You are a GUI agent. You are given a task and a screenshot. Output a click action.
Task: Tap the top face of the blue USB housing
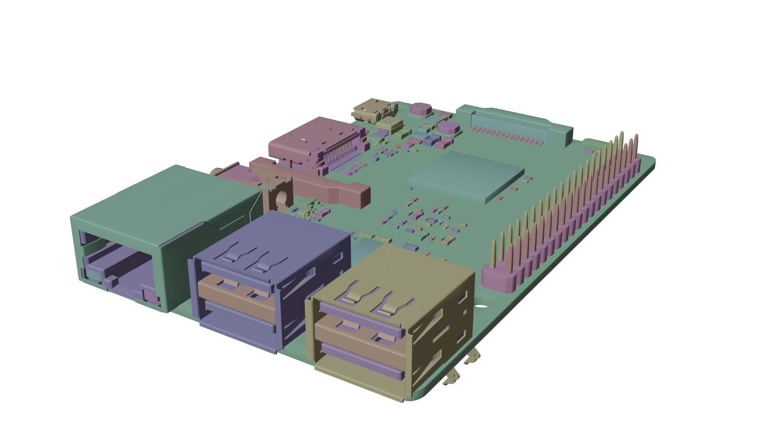click(x=276, y=233)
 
